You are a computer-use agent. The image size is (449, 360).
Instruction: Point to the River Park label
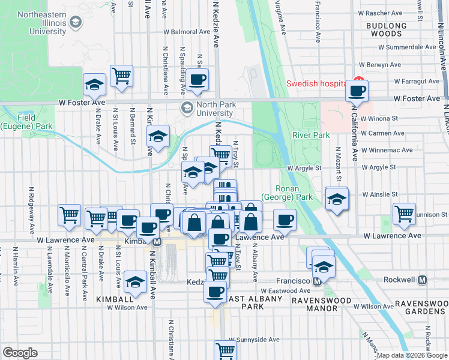coord(311,135)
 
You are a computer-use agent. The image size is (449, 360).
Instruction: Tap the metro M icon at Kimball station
coord(157,241)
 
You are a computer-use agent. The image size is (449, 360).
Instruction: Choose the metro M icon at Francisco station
coord(315,281)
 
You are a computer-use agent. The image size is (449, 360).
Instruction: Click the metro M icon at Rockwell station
coord(422,280)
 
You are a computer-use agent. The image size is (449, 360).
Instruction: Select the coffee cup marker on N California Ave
coord(357,91)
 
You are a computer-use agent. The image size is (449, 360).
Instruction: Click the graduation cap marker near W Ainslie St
coord(337,199)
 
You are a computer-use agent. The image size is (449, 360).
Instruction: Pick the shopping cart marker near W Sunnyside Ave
coord(226,350)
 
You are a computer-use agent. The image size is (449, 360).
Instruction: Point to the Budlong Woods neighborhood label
coord(387,30)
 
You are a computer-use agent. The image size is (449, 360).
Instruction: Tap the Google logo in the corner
coord(20,353)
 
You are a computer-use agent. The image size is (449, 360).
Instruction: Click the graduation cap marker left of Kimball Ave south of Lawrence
coord(135,282)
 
